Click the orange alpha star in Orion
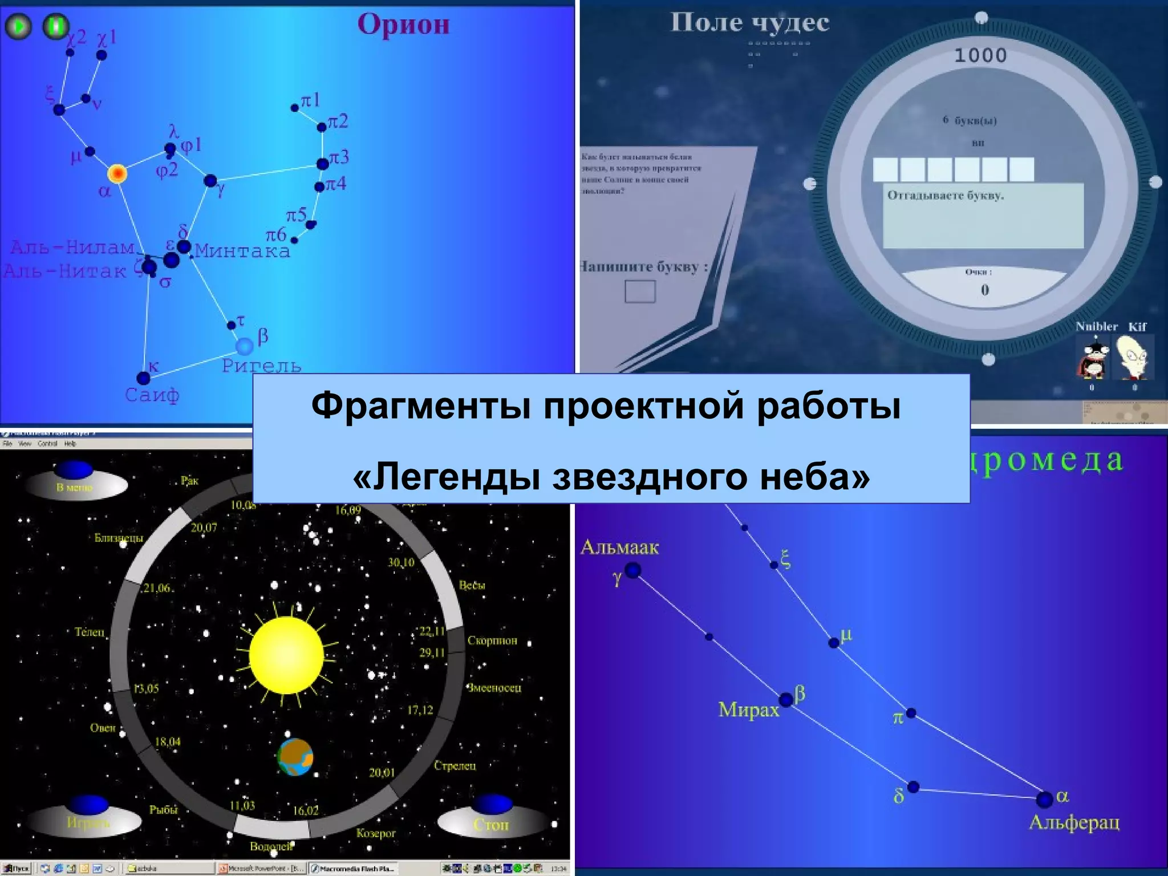point(117,173)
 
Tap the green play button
point(19,26)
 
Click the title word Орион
point(403,25)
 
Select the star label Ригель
point(261,366)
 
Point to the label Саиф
point(152,395)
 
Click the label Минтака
point(242,252)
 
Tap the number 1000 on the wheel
point(980,55)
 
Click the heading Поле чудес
point(749,23)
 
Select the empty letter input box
point(640,291)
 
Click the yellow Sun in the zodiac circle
point(286,655)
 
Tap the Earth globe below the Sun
point(295,757)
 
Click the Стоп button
point(491,824)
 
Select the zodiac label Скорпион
point(492,640)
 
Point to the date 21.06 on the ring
point(157,588)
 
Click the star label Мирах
point(748,709)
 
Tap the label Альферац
point(1074,822)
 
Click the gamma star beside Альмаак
point(633,570)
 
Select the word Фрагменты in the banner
point(421,406)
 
